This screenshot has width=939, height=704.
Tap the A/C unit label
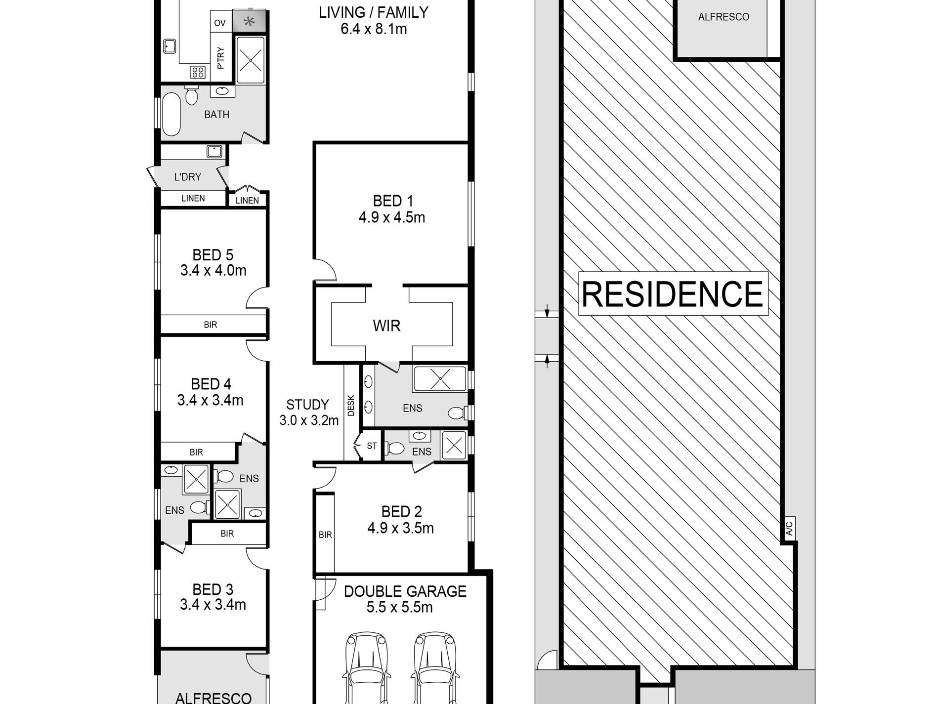point(789,529)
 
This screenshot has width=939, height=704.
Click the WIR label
point(386,326)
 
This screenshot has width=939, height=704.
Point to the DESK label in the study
point(351,405)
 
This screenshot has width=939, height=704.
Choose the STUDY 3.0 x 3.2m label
point(309,413)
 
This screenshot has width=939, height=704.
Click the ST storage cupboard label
point(372,446)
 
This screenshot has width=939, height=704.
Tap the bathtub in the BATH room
point(171,114)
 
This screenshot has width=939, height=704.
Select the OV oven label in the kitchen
point(220,23)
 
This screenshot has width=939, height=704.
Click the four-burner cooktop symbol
point(198,73)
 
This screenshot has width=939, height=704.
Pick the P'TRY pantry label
point(220,58)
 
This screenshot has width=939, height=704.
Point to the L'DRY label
point(188,176)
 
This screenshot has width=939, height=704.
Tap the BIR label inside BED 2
point(325,535)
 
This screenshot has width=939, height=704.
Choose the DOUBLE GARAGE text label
point(405,591)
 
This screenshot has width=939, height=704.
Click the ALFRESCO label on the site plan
point(724,17)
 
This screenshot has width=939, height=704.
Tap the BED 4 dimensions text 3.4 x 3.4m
point(211,400)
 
